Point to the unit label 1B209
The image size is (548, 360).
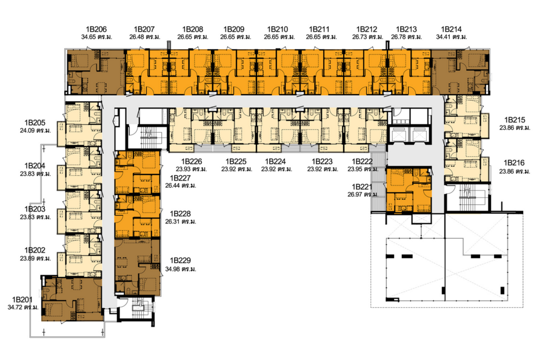click(233, 29)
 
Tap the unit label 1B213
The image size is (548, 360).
click(406, 29)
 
